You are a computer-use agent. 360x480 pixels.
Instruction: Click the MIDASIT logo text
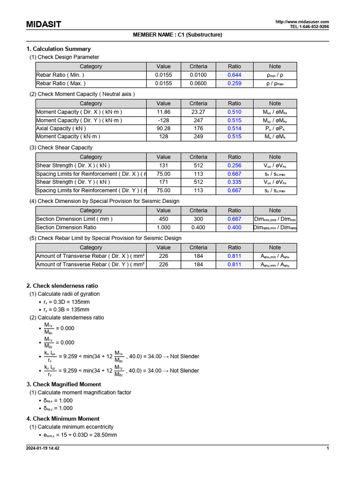(44, 24)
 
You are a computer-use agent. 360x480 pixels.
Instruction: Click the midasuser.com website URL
(302, 22)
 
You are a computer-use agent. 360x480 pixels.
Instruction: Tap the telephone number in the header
(309, 27)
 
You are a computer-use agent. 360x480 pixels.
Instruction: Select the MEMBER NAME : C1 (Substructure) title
(178, 35)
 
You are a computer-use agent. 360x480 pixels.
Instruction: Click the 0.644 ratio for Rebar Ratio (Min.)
(234, 75)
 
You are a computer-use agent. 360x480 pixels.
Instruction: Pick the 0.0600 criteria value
(198, 83)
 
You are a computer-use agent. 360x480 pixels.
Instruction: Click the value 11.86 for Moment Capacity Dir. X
(164, 112)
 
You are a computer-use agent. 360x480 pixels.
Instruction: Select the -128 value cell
(164, 120)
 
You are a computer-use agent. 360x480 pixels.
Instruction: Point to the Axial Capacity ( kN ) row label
(61, 128)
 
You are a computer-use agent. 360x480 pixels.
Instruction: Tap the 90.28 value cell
(164, 128)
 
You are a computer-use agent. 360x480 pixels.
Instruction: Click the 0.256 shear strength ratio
(234, 165)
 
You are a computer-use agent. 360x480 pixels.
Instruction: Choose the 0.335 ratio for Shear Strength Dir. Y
(234, 182)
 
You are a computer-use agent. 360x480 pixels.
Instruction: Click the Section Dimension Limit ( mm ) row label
(75, 219)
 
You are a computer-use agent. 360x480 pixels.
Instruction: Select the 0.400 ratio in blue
(234, 227)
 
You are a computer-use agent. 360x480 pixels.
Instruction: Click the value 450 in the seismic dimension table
(164, 219)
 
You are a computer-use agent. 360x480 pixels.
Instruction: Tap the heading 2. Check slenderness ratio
(62, 285)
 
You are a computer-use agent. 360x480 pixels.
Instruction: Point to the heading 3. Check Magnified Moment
(64, 384)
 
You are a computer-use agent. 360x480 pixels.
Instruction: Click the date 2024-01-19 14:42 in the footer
(43, 449)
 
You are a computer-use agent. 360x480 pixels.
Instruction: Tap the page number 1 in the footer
(328, 449)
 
